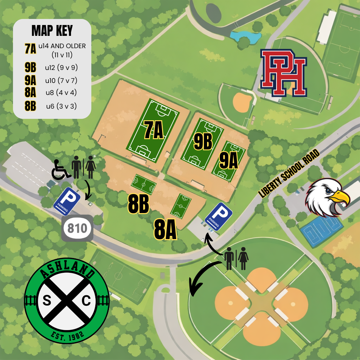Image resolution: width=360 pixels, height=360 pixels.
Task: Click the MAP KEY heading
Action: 52,31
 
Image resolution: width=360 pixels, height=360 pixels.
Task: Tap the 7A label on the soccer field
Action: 154,130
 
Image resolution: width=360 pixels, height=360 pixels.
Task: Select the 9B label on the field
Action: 203,142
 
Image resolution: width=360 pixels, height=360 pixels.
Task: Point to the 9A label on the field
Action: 229,161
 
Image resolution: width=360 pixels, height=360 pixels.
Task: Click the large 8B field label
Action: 138,204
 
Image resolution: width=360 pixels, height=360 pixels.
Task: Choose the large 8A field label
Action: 165,230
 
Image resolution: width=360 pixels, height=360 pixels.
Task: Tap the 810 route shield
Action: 77,229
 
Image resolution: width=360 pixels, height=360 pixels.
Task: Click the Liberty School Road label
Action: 289,173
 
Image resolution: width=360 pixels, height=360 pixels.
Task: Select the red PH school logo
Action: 283,73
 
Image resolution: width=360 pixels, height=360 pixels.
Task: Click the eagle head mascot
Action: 327,197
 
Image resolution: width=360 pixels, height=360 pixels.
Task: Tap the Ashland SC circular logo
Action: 67,301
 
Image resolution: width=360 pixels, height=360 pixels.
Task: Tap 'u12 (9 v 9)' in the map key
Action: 61,67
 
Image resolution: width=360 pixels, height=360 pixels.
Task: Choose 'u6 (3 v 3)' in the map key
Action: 61,106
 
